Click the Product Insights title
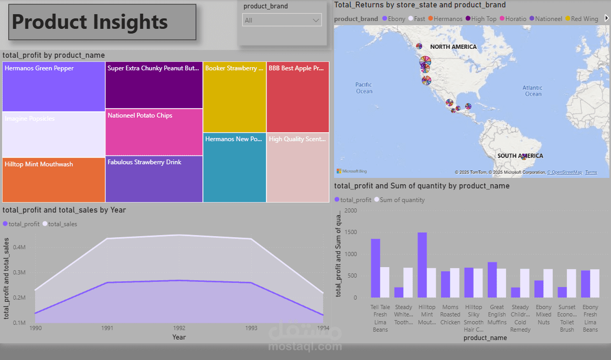90,22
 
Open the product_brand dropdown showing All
282,20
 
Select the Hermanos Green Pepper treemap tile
53,87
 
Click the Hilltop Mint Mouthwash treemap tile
53,180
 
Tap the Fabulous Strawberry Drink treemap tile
154,179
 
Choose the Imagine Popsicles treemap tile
53,134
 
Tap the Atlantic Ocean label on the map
533,91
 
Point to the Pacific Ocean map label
363,88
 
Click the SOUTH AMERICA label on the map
520,156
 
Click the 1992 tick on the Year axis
179,328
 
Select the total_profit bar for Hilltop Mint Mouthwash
422,265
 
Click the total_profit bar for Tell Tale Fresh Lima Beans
376,268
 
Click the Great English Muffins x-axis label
497,314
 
